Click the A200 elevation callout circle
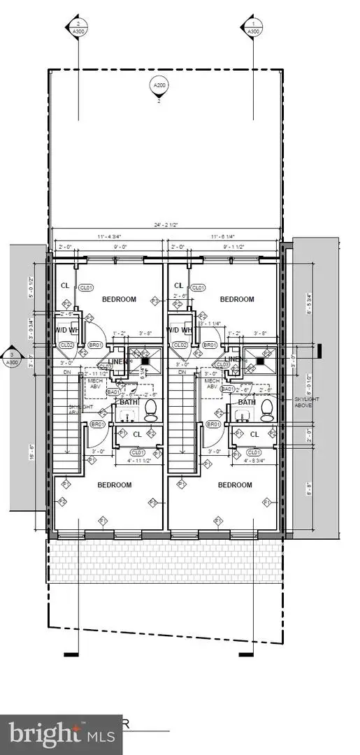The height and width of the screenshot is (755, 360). pyautogui.click(x=159, y=86)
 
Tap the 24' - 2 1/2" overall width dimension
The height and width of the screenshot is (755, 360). pyautogui.click(x=166, y=225)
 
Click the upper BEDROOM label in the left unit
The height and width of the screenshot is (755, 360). pyautogui.click(x=120, y=299)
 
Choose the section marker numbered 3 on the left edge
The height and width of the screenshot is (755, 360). pyautogui.click(x=11, y=357)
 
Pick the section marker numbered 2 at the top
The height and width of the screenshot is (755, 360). pyautogui.click(x=79, y=26)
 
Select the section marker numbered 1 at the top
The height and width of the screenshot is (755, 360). pyautogui.click(x=253, y=26)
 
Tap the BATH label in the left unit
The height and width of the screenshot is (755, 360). pyautogui.click(x=129, y=402)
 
